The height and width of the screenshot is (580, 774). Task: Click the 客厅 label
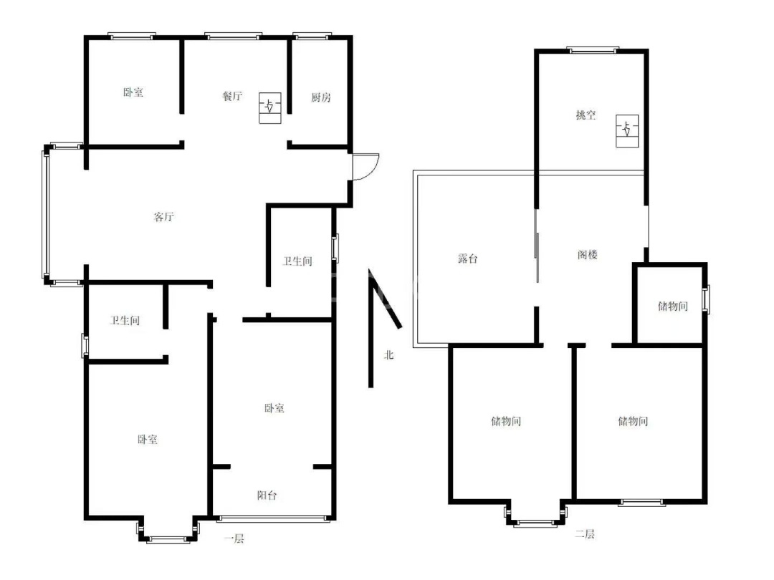[163, 216]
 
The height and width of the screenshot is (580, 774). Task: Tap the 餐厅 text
[232, 96]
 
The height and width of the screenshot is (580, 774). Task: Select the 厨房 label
[320, 97]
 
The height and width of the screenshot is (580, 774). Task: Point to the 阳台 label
[267, 496]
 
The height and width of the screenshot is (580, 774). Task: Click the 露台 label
[467, 258]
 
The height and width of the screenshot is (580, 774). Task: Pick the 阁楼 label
[588, 254]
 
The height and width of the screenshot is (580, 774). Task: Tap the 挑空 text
[586, 115]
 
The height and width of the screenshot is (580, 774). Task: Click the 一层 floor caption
[234, 538]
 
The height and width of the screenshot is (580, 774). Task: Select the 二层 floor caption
[585, 533]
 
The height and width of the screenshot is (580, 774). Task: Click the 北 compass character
[389, 354]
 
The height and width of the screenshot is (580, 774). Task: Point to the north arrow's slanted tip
[400, 327]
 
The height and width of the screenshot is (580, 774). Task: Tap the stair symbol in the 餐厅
[270, 107]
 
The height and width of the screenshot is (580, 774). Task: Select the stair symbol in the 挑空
[627, 131]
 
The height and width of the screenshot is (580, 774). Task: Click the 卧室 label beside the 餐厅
[133, 92]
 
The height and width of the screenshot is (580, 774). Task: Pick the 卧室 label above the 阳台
[274, 408]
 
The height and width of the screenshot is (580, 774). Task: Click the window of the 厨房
[312, 36]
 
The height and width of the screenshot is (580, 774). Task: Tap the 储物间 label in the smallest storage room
[672, 306]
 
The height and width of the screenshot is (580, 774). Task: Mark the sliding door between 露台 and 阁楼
[537, 246]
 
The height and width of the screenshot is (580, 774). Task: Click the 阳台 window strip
[273, 518]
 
